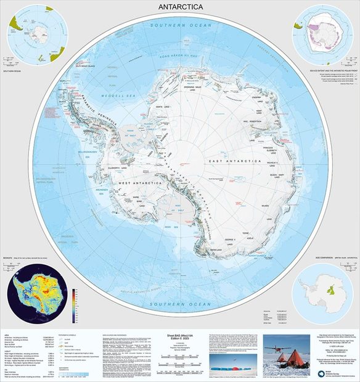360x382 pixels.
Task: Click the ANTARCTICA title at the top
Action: [180, 7]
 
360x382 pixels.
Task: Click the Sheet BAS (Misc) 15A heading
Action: [180, 335]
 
